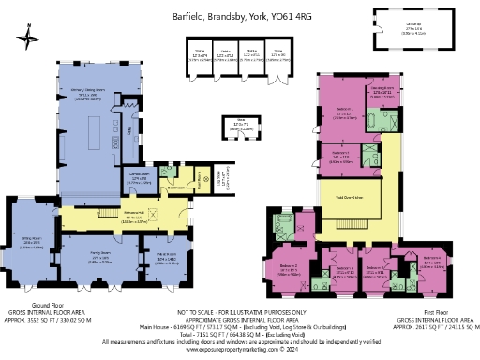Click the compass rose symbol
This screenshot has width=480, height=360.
click(30, 37)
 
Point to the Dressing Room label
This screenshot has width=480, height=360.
click(386, 93)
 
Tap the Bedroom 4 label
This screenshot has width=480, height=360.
click(432, 262)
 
